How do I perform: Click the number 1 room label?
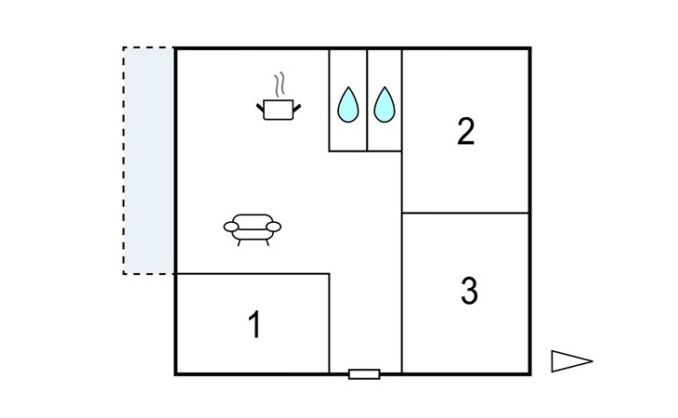pyautogui.click(x=254, y=326)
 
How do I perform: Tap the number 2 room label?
pyautogui.click(x=466, y=132)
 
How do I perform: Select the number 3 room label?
pyautogui.click(x=469, y=291)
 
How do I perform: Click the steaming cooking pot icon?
pyautogui.click(x=278, y=109)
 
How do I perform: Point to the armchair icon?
pyautogui.click(x=252, y=227)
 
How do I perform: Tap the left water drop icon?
pyautogui.click(x=347, y=105)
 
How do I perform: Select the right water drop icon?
pyautogui.click(x=384, y=105)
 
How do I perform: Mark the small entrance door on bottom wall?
pyautogui.click(x=364, y=373)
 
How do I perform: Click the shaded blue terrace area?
pyautogui.click(x=149, y=160)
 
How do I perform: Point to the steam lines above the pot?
pyautogui.click(x=278, y=85)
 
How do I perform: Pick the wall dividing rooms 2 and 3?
pyautogui.click(x=465, y=213)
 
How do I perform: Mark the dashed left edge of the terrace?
pyautogui.click(x=124, y=160)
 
